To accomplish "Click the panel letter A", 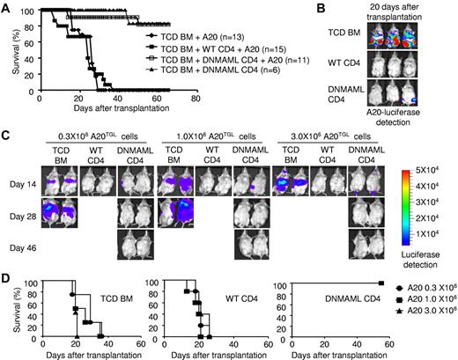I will (x=6, y=6).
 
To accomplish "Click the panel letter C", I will (x=6, y=137).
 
